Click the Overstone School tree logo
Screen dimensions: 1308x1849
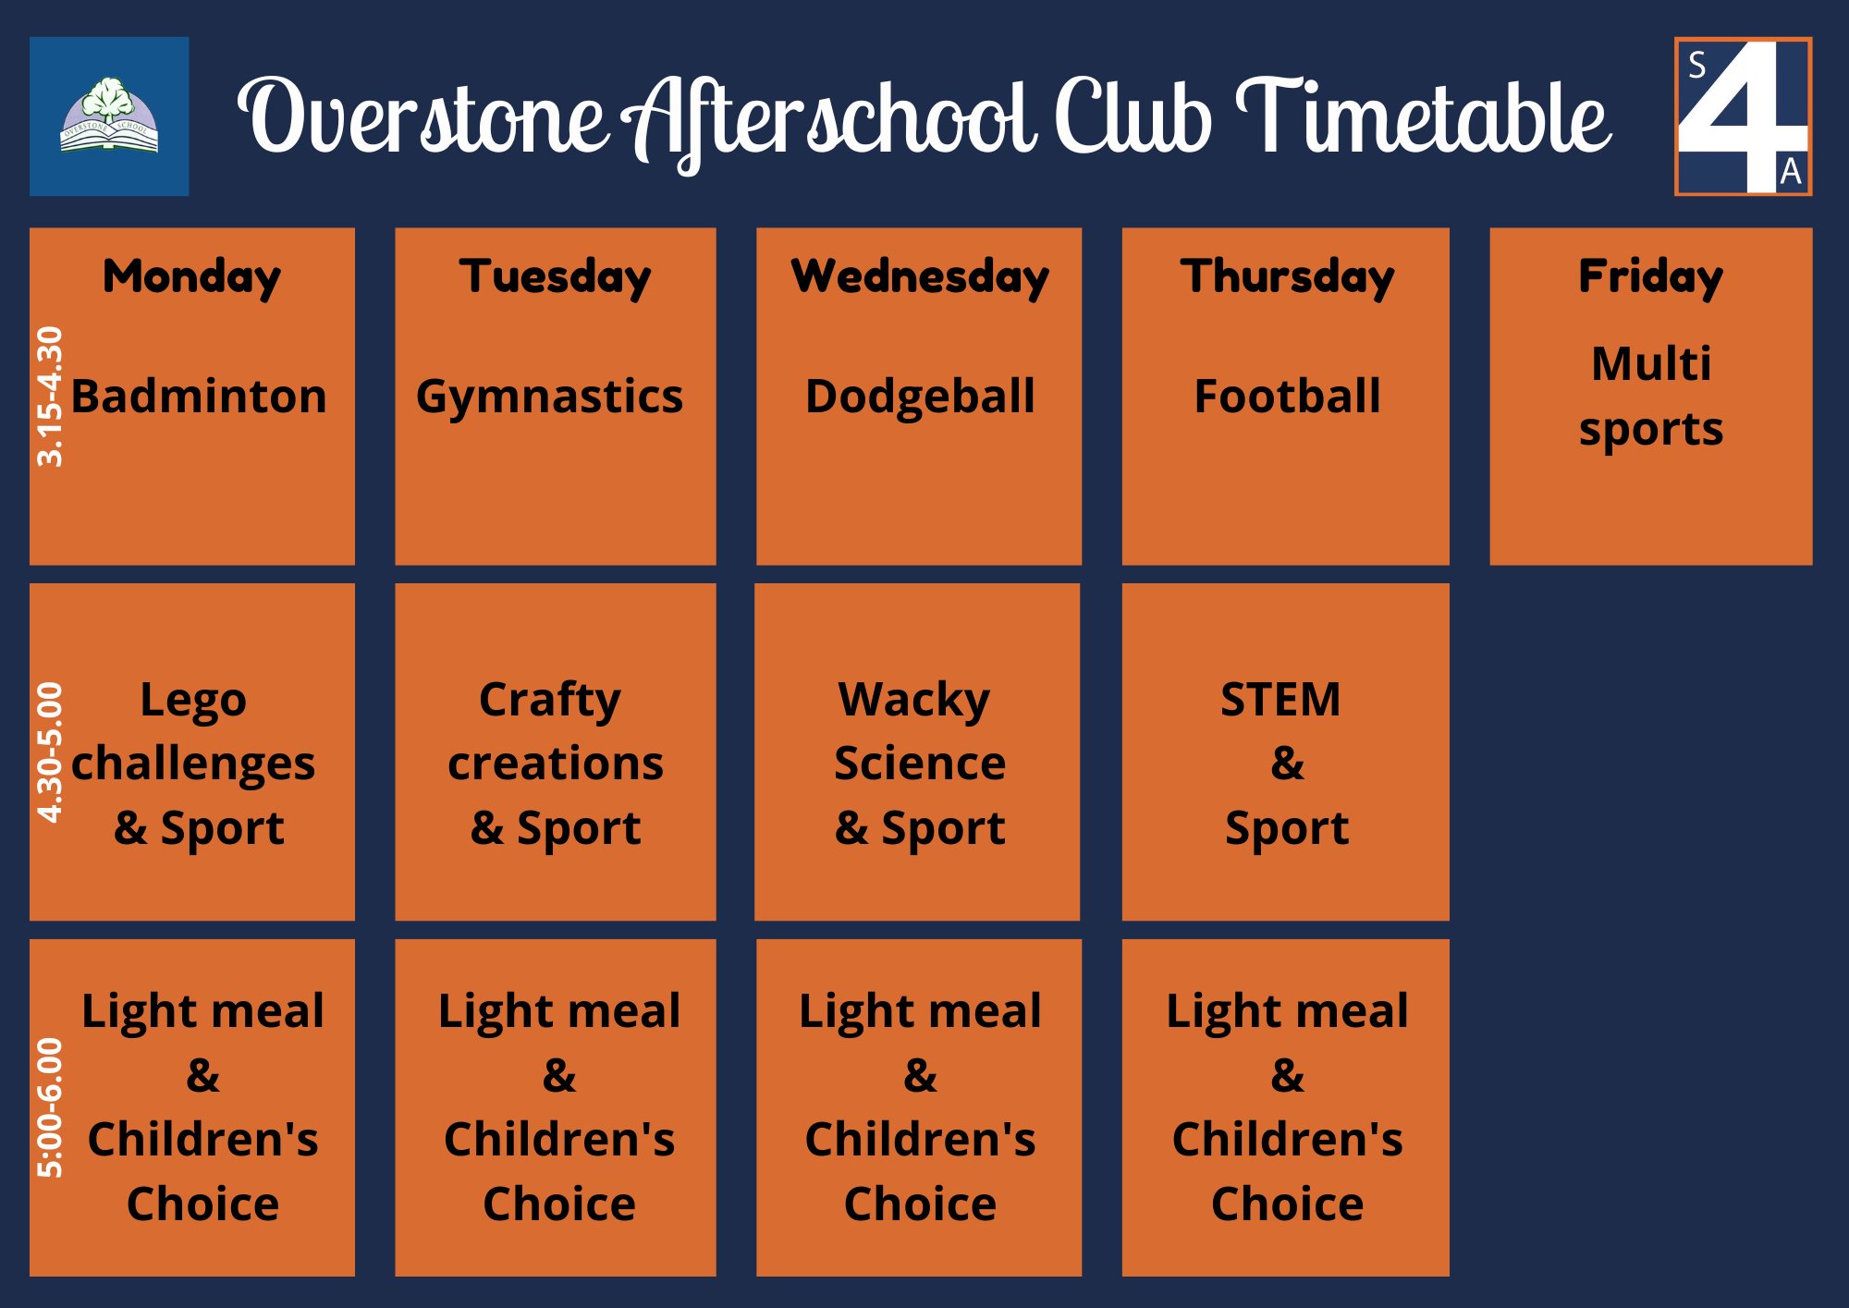(109, 116)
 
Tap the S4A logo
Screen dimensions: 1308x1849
(1743, 116)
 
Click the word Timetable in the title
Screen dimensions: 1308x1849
(1424, 118)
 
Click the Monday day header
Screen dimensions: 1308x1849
(191, 276)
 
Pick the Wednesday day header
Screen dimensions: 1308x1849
(920, 276)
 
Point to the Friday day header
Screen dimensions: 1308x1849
(1650, 276)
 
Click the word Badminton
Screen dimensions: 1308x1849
(199, 397)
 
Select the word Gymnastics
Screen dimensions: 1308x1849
(549, 397)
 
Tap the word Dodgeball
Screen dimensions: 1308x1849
(920, 397)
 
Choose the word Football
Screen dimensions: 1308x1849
(1287, 397)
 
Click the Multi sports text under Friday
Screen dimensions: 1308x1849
(1651, 397)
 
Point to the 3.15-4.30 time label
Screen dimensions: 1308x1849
(50, 397)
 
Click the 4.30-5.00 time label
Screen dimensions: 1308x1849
(50, 752)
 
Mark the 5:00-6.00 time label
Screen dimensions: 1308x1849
(50, 1107)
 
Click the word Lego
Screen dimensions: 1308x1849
(193, 700)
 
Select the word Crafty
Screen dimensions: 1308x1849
(550, 700)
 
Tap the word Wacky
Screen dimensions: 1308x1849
(914, 700)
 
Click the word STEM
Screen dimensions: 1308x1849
(1280, 700)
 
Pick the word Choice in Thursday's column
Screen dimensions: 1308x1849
(1287, 1204)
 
